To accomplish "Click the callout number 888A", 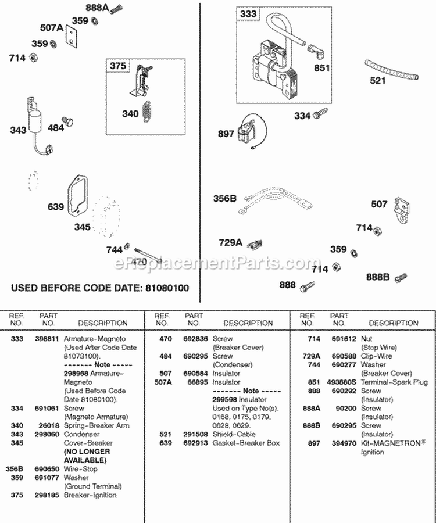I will pos(97,8).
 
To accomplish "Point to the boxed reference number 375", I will pos(118,66).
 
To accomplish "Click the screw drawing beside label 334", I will pos(319,115).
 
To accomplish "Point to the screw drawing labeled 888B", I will pos(401,278).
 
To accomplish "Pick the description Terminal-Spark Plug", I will pos(394,382).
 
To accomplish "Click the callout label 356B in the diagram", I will pos(225,198).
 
